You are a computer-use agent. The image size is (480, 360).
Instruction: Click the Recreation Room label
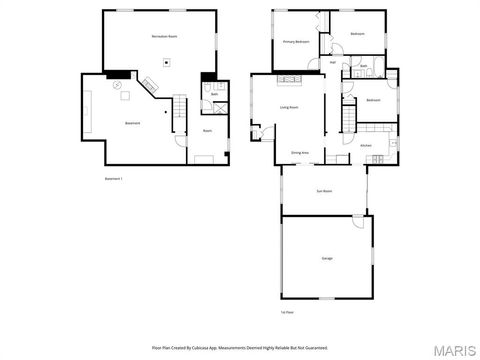point(165,37)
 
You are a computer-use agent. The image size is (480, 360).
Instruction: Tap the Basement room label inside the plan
point(131,123)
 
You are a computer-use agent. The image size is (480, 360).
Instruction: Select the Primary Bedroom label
point(294,42)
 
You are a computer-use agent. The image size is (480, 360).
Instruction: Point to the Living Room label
point(290,107)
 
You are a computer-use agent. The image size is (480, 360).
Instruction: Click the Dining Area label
point(299,153)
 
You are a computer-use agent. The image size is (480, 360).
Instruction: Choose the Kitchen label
point(366,146)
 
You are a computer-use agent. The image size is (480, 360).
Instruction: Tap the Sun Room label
point(324,190)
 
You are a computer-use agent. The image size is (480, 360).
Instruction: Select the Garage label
point(327,258)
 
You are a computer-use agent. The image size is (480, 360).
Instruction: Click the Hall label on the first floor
point(333,62)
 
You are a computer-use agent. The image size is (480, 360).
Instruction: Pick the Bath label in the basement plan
point(214,93)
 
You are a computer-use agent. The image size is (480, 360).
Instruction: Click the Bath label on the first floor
point(364,67)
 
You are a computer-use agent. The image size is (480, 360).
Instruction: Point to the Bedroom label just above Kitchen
point(373,100)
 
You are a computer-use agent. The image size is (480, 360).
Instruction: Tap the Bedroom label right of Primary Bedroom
point(357,34)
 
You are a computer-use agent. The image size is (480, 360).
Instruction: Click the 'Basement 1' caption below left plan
point(114,178)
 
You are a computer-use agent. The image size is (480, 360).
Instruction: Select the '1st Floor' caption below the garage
point(287,312)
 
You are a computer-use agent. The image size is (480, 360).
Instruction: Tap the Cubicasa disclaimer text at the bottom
point(239,347)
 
